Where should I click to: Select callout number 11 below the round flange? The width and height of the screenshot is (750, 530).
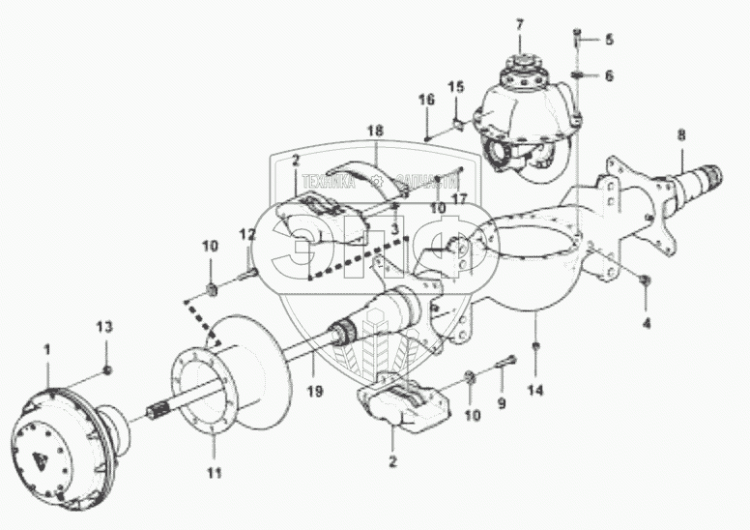(x=214, y=473)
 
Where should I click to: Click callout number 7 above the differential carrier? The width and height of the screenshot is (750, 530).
(x=519, y=23)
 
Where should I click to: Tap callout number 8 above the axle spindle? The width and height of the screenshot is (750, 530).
(x=683, y=135)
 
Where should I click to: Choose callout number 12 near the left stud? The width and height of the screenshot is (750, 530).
(x=248, y=234)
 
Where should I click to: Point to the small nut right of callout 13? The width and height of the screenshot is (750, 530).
(x=109, y=370)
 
